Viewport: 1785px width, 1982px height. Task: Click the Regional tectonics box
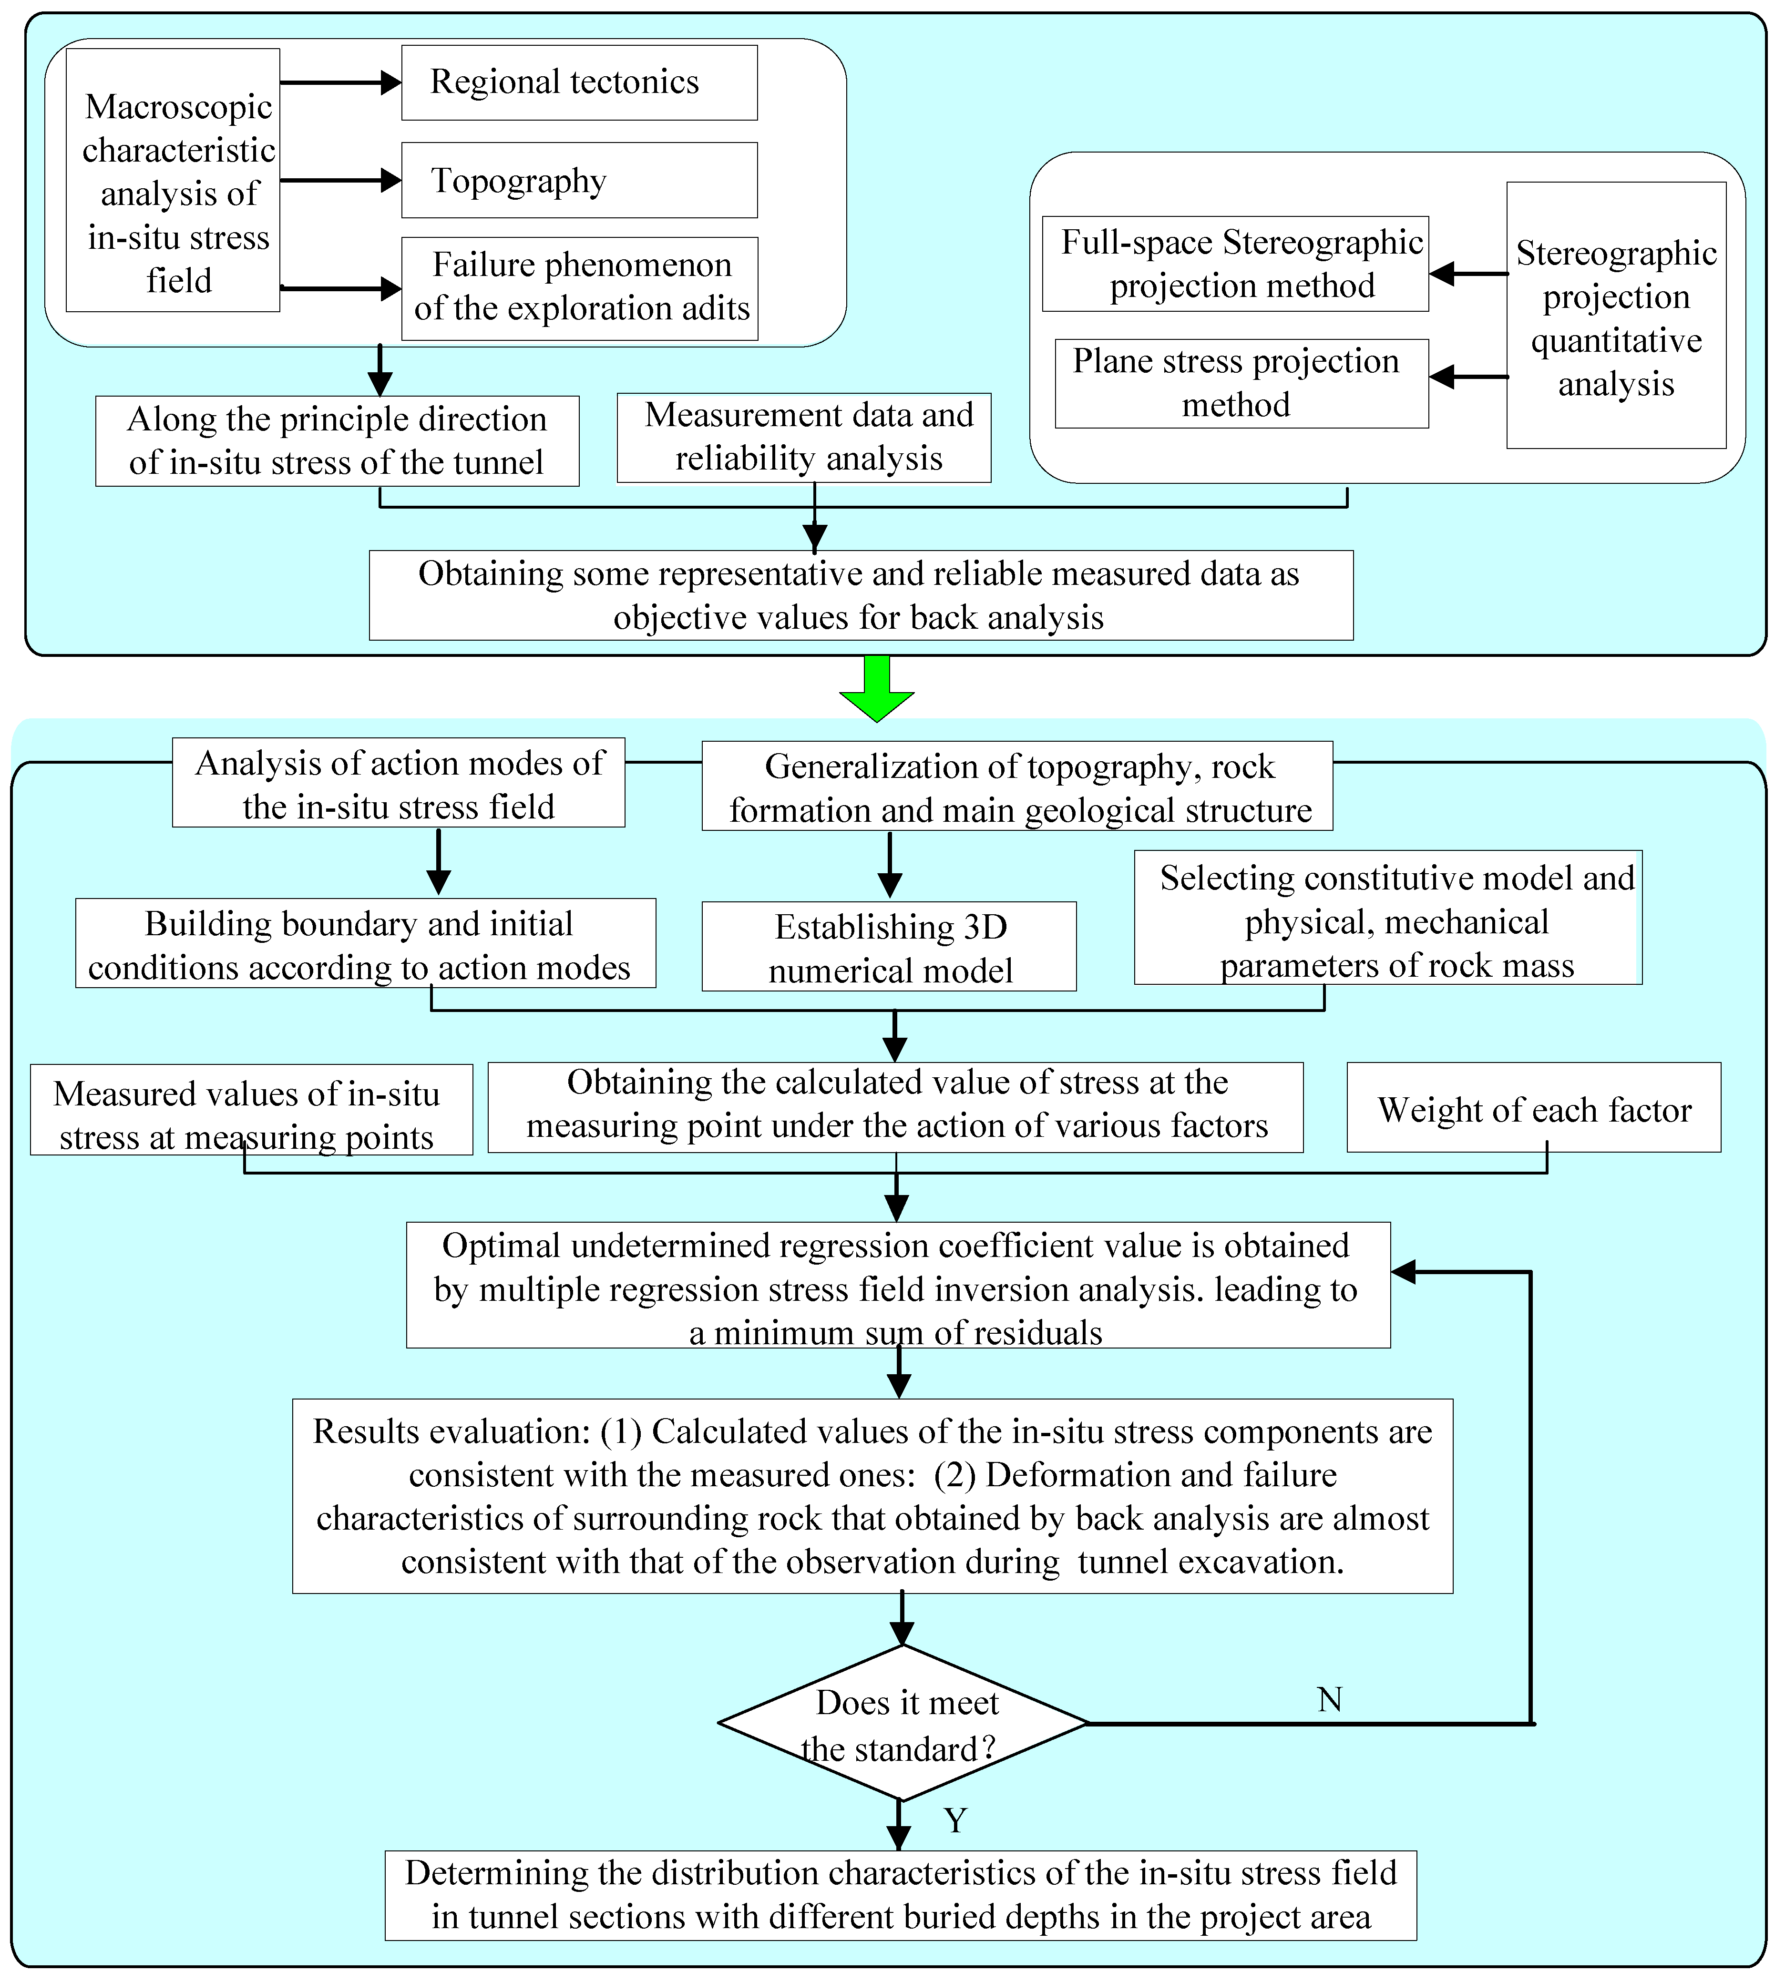tap(579, 82)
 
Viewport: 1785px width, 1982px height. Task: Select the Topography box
tap(579, 181)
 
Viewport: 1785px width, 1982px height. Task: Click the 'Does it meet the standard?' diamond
tap(903, 1723)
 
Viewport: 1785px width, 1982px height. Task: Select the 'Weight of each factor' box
tap(1533, 1108)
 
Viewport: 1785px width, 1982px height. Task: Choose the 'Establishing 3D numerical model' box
tap(889, 946)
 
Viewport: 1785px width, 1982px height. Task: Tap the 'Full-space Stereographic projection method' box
tap(1235, 264)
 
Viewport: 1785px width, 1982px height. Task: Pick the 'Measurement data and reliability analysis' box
tap(803, 438)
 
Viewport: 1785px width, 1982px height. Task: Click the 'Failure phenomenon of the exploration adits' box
tap(580, 288)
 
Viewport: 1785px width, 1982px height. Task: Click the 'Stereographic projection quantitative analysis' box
tap(1615, 316)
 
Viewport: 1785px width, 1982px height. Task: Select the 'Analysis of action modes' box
tap(398, 784)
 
